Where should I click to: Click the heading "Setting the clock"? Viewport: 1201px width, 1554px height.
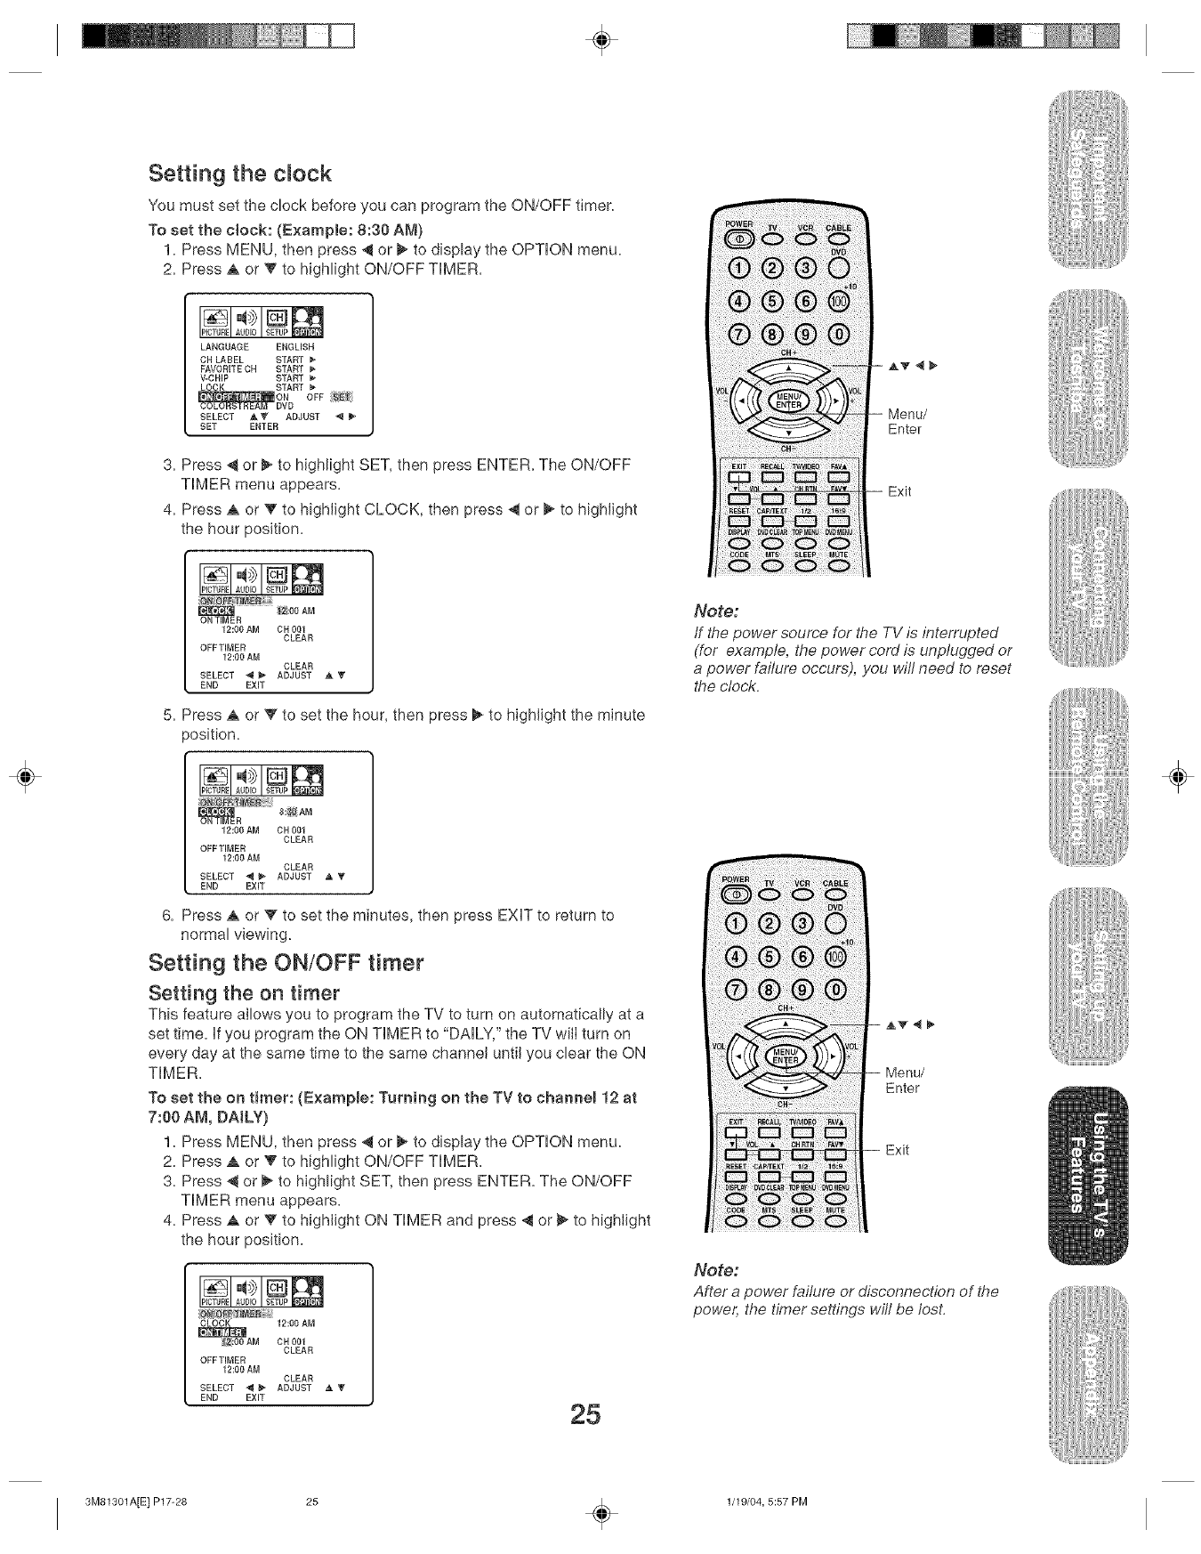point(239,174)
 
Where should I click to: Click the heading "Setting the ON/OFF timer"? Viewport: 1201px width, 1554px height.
point(286,963)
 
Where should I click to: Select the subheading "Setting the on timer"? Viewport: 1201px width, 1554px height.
point(244,992)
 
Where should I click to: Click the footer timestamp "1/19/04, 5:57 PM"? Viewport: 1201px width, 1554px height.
point(766,1502)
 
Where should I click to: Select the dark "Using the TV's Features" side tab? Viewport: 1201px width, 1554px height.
point(1087,1174)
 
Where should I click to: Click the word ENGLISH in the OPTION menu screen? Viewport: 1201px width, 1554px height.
point(294,346)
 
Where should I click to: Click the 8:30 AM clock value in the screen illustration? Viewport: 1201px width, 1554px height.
point(295,812)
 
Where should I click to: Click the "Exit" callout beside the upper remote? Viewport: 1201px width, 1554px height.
point(899,491)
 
